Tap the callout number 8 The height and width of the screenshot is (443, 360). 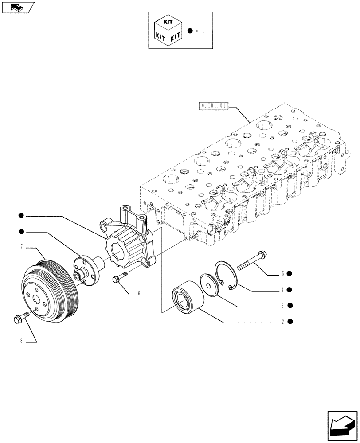click(x=21, y=342)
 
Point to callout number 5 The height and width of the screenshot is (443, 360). click(x=282, y=274)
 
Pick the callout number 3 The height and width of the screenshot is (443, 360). click(x=282, y=305)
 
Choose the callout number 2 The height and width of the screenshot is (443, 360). click(x=282, y=321)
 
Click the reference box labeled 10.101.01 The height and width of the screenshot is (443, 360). click(x=213, y=106)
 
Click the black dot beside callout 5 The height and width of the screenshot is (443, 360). click(x=289, y=274)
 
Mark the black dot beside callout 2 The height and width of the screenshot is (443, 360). click(x=289, y=321)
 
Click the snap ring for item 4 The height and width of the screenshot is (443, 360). click(x=226, y=277)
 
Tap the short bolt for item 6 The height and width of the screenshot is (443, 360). click(x=120, y=277)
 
